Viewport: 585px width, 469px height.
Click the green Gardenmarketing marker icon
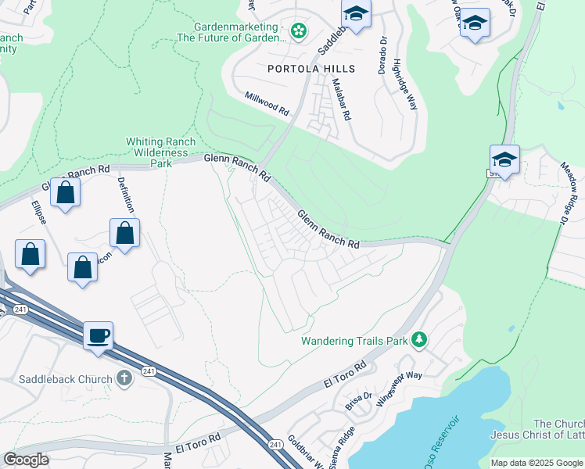(298, 31)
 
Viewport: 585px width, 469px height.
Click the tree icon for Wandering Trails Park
(420, 339)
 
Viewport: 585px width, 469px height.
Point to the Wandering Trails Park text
(355, 341)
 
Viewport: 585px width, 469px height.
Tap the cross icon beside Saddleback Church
(124, 379)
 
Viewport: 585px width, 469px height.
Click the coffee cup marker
(98, 336)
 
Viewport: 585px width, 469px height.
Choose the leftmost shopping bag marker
(30, 255)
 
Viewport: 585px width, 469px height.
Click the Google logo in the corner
(27, 459)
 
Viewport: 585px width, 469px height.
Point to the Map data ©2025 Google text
(536, 463)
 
